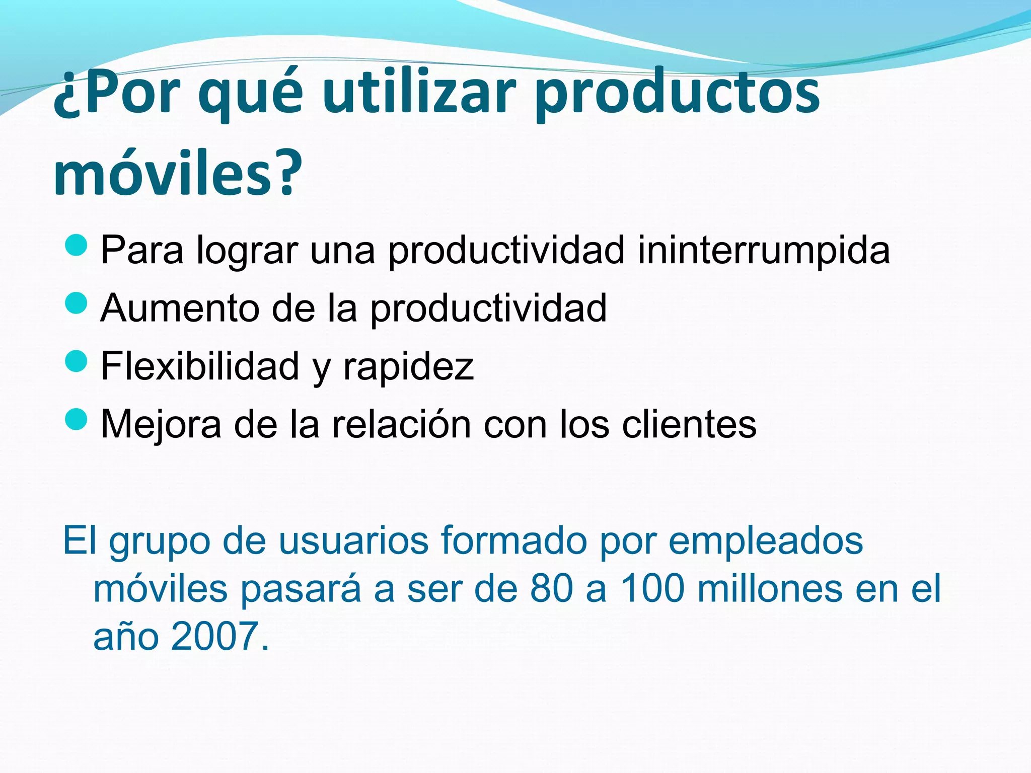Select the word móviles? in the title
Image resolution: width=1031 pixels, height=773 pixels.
177,173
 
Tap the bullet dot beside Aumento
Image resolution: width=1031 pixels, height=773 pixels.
77,303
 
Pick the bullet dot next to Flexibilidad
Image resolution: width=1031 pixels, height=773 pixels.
77,361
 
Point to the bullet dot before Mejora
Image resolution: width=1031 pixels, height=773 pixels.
77,419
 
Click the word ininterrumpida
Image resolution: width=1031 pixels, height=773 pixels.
764,250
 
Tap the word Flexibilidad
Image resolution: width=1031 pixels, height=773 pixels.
200,366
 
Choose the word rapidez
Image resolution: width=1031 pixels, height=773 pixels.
408,366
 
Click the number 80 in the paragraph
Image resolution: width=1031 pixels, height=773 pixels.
551,589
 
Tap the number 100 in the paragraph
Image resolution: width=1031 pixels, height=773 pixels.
652,589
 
